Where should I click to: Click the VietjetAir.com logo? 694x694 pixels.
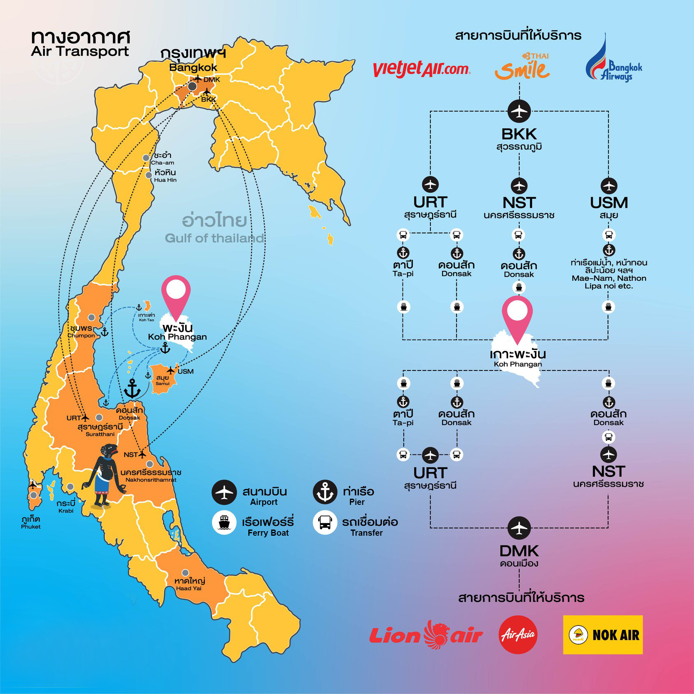(421, 69)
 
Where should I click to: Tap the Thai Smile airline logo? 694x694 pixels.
(522, 67)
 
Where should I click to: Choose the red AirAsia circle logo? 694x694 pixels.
(518, 634)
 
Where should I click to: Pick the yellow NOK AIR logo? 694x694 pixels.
(603, 634)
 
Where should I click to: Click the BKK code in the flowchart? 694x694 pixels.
(519, 134)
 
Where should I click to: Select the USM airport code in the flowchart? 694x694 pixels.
(608, 203)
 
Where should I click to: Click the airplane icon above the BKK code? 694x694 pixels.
(519, 111)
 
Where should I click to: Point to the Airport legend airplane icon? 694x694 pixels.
(224, 492)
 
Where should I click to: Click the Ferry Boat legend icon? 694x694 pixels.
(224, 523)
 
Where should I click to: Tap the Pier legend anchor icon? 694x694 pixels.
(325, 492)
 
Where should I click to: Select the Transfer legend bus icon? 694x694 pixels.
(325, 523)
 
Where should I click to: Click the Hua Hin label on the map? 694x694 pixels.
(165, 176)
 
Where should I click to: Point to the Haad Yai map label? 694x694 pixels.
(189, 584)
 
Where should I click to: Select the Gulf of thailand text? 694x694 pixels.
(214, 238)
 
